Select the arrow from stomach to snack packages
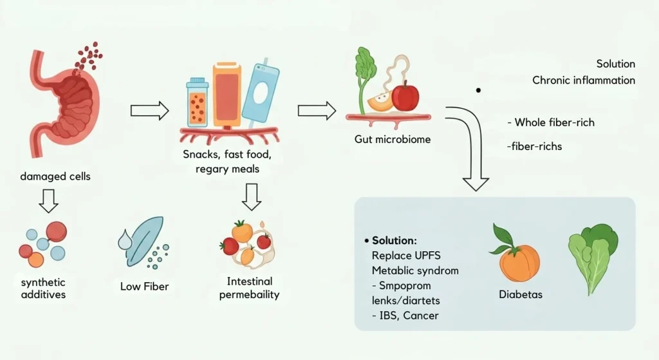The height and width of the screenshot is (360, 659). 149,111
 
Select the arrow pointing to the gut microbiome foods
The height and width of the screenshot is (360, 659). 317,110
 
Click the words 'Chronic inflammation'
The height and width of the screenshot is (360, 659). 584,81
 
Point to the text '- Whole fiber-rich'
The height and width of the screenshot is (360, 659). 551,122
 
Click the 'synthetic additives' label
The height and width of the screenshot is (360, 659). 42,289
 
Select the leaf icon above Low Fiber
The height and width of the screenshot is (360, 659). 138,238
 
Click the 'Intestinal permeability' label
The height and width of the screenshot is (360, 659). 250,288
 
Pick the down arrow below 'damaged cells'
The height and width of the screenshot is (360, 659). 48,201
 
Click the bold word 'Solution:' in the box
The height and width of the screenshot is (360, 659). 394,240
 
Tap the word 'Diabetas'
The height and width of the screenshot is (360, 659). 520,294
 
